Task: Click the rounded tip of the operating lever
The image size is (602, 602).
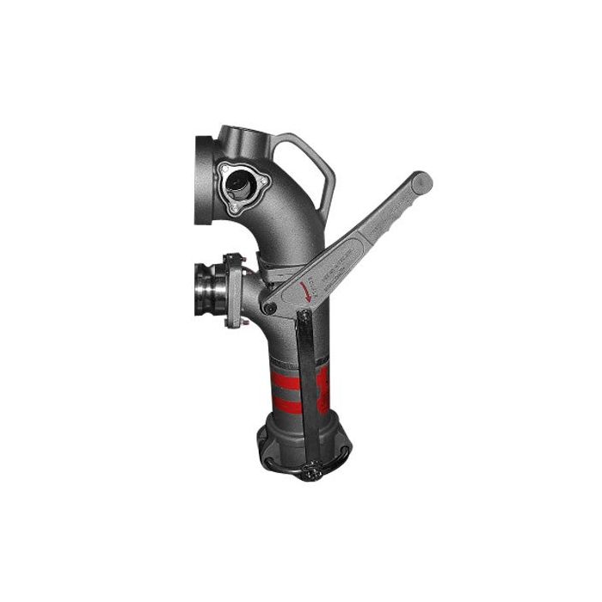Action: tap(421, 182)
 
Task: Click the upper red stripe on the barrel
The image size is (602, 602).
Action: tap(292, 378)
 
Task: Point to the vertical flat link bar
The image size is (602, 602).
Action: tap(304, 387)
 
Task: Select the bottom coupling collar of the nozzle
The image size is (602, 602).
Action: tap(301, 439)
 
